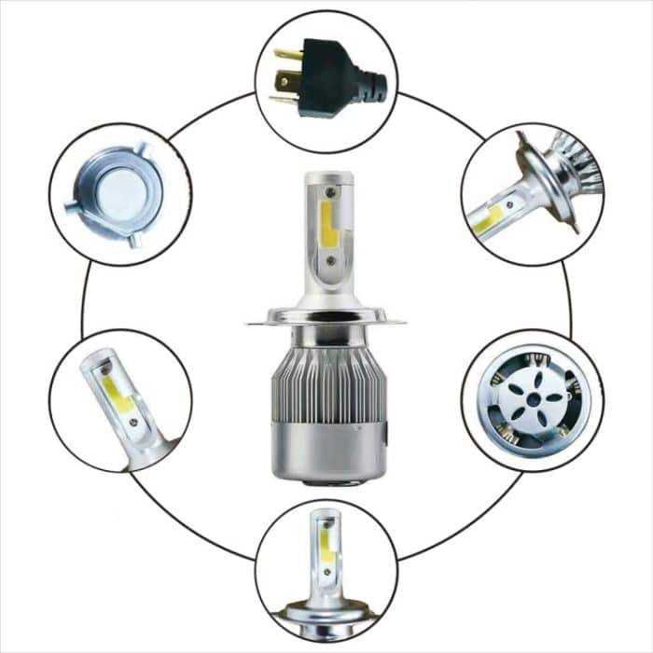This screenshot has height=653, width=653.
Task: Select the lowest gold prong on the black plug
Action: pyautogui.click(x=283, y=97)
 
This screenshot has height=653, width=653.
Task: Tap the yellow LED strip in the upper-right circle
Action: pyautogui.click(x=490, y=220)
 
